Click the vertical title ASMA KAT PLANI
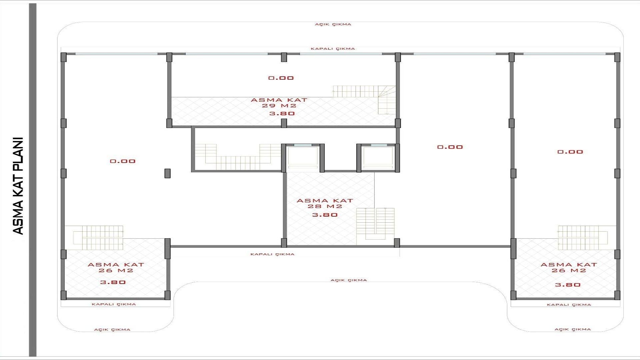click(x=18, y=186)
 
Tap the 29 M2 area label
click(x=279, y=106)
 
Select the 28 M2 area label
click(x=325, y=207)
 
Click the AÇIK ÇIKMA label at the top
click(x=333, y=24)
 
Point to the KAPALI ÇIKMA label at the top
click(x=333, y=49)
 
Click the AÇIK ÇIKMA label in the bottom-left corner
click(x=112, y=330)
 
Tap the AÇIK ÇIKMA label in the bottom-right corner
click(x=573, y=329)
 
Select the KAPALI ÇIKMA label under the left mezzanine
click(x=114, y=304)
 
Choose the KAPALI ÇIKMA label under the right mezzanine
click(x=569, y=305)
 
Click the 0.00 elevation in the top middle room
click(x=281, y=78)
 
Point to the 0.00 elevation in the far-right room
click(x=570, y=152)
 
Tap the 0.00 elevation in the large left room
click(x=123, y=161)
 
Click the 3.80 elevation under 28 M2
click(x=325, y=215)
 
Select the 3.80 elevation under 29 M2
click(x=282, y=114)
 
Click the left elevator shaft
click(x=303, y=157)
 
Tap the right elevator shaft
click(x=378, y=157)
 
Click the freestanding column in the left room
click(x=167, y=173)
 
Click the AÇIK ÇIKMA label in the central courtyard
click(x=349, y=280)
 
